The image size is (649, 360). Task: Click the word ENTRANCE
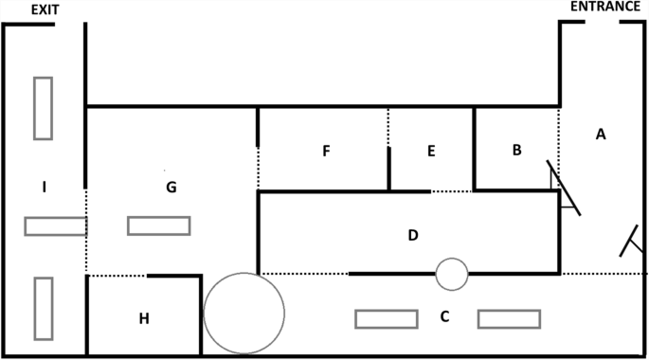(604, 8)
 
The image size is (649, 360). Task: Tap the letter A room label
(601, 135)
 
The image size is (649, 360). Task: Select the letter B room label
(516, 150)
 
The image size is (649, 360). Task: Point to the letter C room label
(444, 316)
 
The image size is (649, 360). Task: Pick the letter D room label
(413, 234)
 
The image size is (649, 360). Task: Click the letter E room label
(431, 151)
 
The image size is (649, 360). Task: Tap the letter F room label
(326, 151)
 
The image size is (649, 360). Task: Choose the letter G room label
(171, 187)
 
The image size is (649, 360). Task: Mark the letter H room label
(144, 318)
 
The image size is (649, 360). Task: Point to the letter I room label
(45, 187)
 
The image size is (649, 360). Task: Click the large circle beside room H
(244, 313)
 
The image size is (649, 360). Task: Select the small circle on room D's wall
(452, 274)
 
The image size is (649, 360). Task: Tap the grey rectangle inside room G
(158, 225)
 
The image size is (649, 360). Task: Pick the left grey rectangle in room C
(386, 318)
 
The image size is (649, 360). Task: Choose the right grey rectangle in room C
(509, 318)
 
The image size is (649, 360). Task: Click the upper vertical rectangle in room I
(43, 108)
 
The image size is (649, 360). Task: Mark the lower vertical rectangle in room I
(43, 308)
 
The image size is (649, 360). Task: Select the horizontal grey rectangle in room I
(55, 226)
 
